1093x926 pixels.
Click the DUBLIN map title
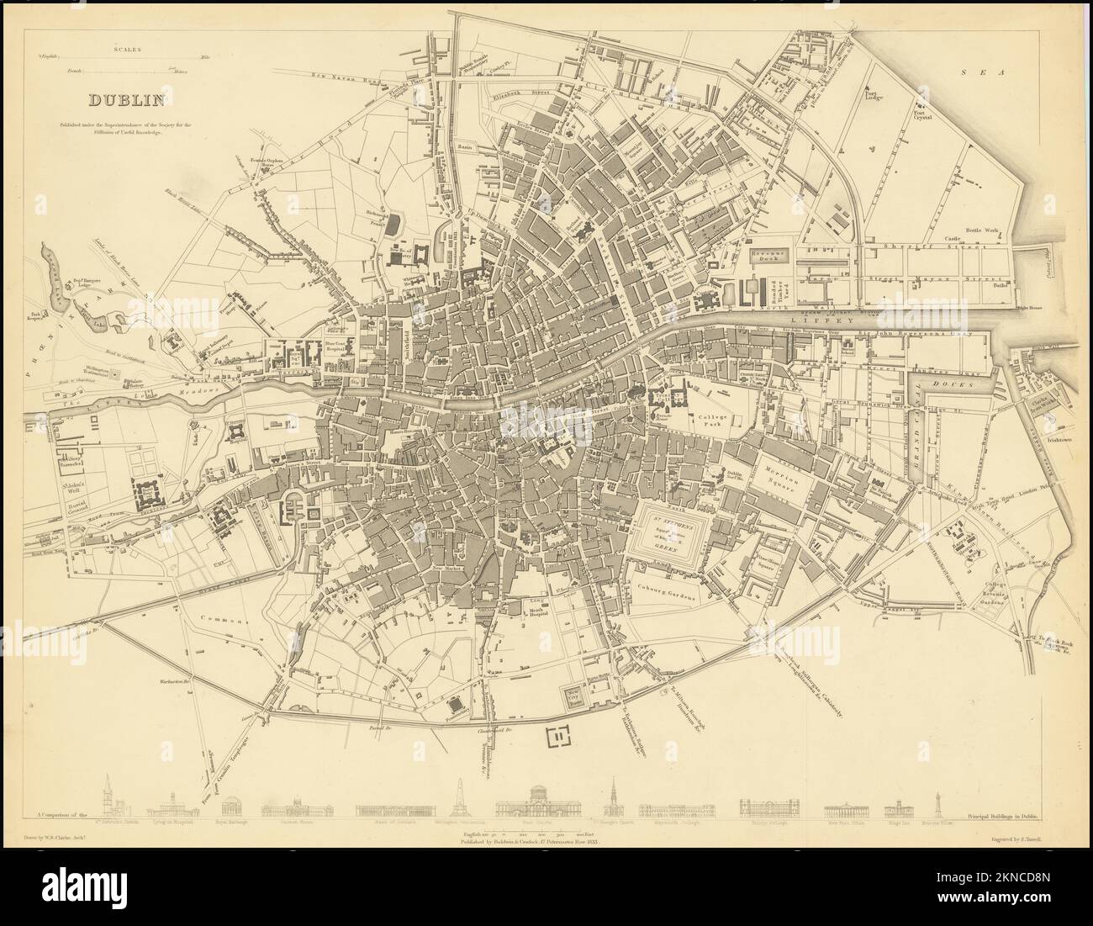[126, 101]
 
